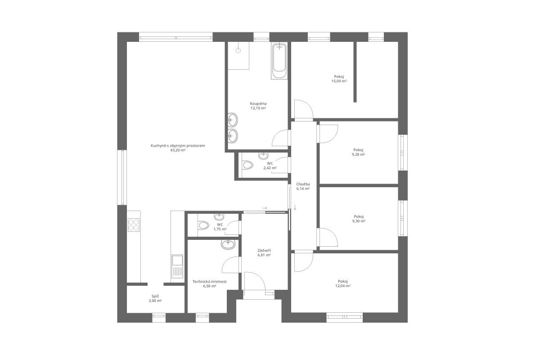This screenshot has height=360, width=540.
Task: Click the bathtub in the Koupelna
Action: (x=279, y=61)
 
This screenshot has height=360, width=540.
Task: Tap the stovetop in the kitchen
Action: (x=134, y=225)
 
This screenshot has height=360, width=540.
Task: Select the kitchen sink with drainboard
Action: (x=177, y=266)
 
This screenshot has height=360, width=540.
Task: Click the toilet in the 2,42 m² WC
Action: (x=247, y=165)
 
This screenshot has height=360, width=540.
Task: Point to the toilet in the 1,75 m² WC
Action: (x=203, y=225)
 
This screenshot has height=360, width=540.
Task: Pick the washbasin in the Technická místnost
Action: (x=228, y=244)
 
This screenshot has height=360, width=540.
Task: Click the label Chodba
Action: (x=303, y=184)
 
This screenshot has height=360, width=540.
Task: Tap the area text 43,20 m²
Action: (x=178, y=150)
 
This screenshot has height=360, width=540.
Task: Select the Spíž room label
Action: (x=155, y=296)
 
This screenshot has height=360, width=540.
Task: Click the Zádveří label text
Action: (x=264, y=251)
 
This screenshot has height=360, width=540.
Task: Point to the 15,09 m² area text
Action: (x=339, y=81)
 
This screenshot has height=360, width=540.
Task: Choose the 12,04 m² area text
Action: (x=343, y=286)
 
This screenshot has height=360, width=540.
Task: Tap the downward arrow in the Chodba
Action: (x=295, y=207)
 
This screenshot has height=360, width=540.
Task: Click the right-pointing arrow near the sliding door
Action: (x=265, y=208)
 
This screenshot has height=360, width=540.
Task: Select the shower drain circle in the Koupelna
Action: (x=238, y=50)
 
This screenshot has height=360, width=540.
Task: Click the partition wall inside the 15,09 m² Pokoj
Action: (x=355, y=72)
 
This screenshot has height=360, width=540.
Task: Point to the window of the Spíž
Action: (x=159, y=318)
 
